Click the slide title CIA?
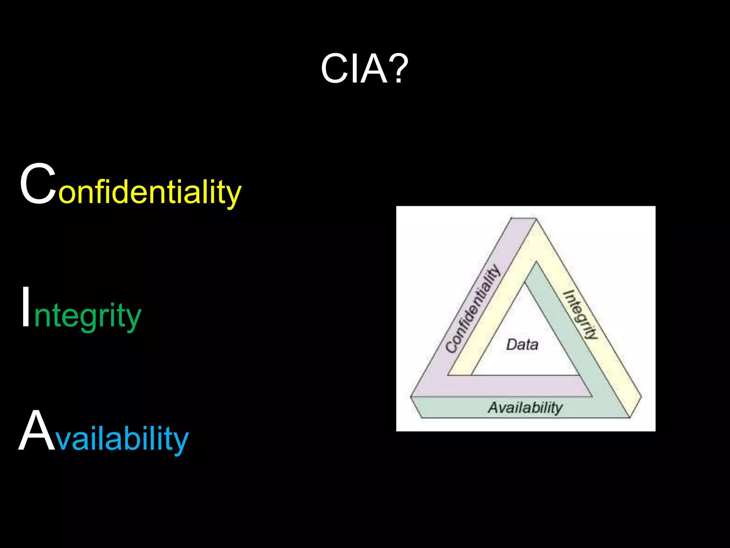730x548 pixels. click(364, 68)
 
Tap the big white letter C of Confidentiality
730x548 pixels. click(38, 184)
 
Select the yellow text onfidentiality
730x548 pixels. click(150, 193)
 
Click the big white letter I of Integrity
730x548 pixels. click(26, 307)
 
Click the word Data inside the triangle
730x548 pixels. click(522, 345)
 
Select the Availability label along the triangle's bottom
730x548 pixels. click(525, 407)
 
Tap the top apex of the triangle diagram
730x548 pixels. click(524, 219)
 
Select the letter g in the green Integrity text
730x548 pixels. click(85, 319)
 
